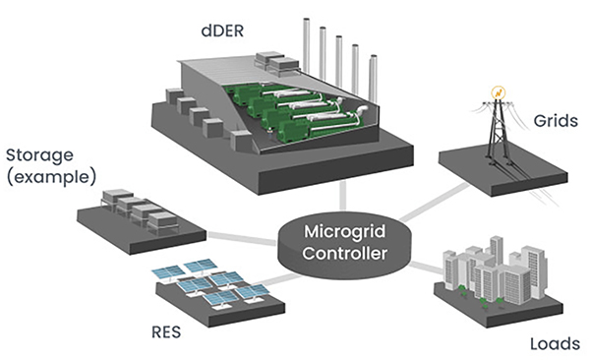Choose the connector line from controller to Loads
coord(424,267)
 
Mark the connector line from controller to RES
coord(265,279)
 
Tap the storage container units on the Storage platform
coord(134,208)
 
